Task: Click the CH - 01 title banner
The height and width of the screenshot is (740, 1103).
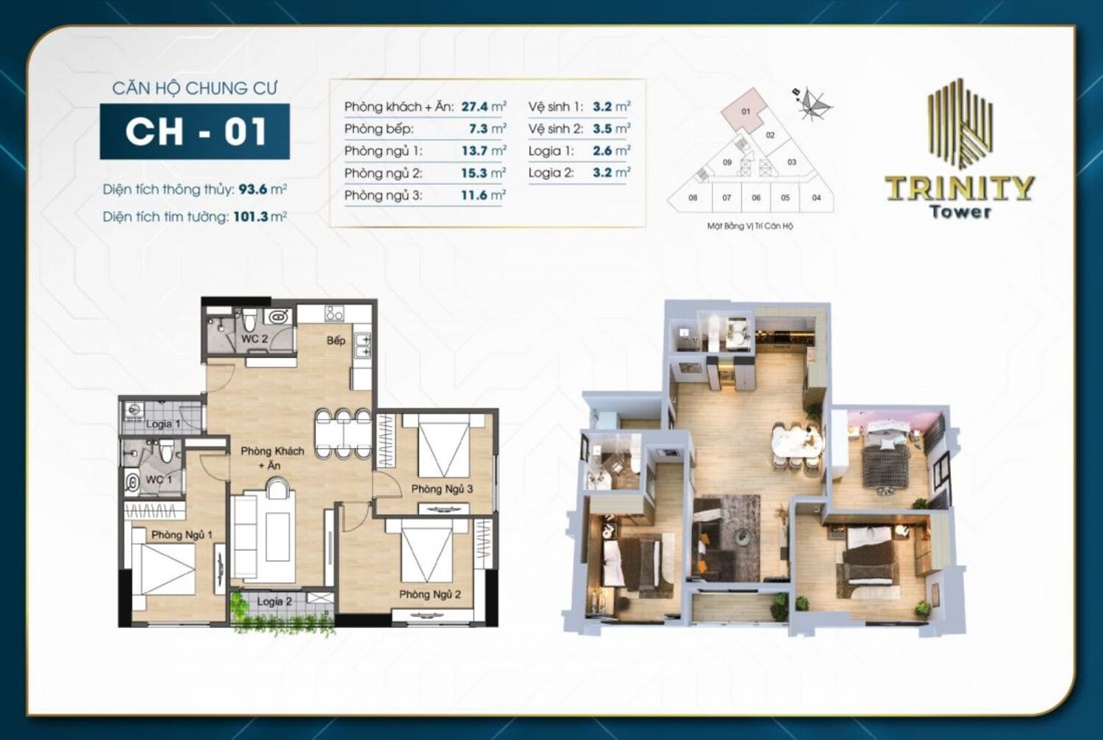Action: (195, 132)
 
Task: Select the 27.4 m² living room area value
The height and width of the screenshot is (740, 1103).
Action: (483, 107)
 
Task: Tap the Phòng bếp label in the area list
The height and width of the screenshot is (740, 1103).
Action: (379, 129)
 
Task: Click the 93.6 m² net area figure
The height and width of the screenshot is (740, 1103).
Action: (262, 189)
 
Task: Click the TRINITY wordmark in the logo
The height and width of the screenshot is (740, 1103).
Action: (960, 188)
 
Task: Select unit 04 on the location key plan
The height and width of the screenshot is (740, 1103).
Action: (816, 197)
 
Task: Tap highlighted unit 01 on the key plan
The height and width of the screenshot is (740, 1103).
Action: (746, 112)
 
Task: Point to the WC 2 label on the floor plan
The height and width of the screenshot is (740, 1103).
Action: (254, 339)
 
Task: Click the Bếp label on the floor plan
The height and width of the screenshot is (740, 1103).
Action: (336, 341)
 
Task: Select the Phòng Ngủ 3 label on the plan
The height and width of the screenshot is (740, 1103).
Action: (442, 488)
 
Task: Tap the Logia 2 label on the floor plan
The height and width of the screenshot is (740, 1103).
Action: (274, 601)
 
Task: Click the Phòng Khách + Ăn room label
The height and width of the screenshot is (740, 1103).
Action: (272, 458)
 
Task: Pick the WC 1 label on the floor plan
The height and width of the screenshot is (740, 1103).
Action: (158, 479)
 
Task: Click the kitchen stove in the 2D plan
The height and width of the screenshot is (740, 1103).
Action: (335, 313)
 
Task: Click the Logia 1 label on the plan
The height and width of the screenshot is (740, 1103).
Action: (163, 424)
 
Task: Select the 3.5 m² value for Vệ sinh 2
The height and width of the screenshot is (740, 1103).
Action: (611, 129)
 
